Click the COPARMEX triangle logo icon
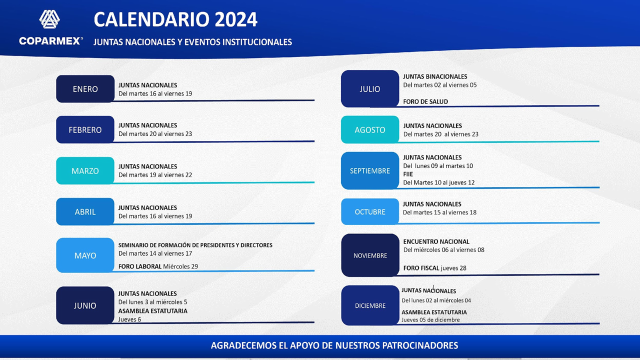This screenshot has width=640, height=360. [x=49, y=19]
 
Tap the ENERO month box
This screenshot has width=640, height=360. [x=85, y=89]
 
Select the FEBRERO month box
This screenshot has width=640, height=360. [x=85, y=129]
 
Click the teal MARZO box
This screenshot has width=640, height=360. [x=85, y=170]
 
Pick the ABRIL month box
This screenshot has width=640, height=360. [x=85, y=211]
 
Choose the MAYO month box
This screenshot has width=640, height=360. [x=85, y=255]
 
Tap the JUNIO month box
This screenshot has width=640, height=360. [x=85, y=305]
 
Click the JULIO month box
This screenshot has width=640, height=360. [x=370, y=89]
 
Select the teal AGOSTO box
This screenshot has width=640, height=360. [x=370, y=129]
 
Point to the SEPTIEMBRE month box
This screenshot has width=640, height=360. [x=370, y=170]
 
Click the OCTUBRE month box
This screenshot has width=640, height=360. [x=370, y=211]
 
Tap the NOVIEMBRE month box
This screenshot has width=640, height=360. [x=370, y=255]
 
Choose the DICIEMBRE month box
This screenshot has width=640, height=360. [x=370, y=305]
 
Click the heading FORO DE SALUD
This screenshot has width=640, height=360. [x=425, y=101]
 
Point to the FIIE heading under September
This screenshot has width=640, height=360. [x=408, y=174]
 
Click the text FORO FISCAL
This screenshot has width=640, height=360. [x=421, y=268]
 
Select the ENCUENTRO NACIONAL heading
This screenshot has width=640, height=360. [x=436, y=241]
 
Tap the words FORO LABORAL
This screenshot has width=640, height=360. [x=140, y=266]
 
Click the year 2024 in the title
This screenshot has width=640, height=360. [x=236, y=19]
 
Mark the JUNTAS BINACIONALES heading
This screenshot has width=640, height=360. [x=435, y=76]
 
